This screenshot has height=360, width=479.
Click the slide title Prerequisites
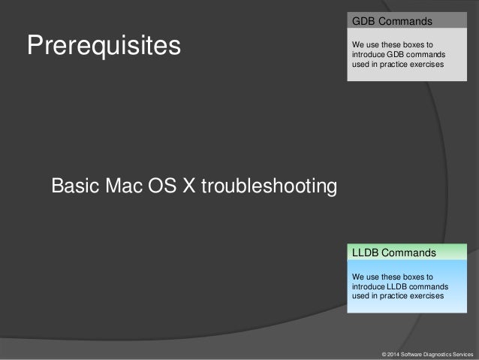tap(104, 47)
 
